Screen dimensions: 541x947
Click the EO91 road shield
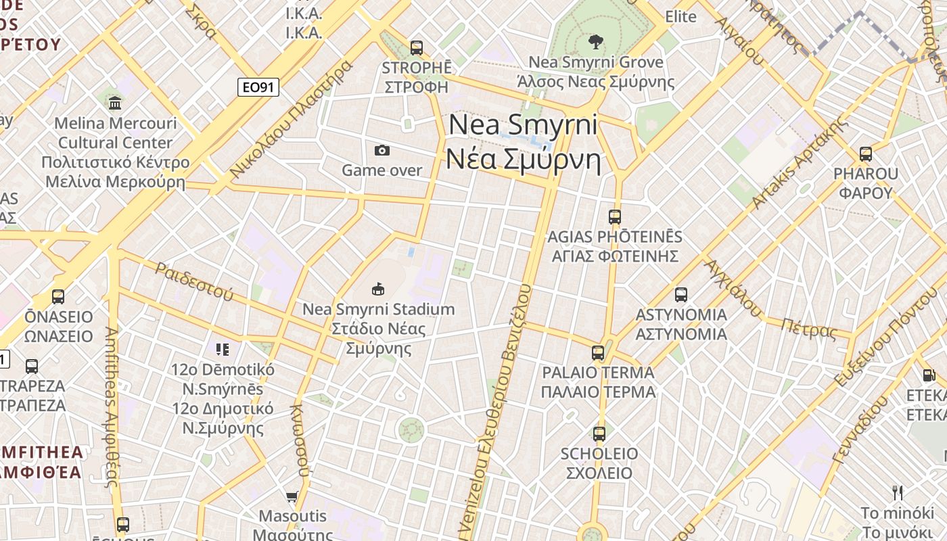point(258,87)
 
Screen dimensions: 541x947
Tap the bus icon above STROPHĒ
point(417,48)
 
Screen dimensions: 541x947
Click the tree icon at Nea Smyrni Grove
point(595,42)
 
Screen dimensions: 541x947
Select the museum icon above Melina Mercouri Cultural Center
point(115,103)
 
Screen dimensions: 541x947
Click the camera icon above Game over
point(382,150)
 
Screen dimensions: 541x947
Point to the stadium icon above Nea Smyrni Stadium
point(378,289)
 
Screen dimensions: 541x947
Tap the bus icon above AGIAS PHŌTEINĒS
point(614,217)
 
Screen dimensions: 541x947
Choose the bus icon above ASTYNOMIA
point(681,295)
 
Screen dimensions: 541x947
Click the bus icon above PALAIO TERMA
point(598,353)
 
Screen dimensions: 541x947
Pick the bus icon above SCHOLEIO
point(599,434)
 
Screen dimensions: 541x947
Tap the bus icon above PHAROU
point(866,154)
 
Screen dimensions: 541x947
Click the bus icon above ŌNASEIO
point(58,297)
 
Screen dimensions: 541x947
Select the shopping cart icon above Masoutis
point(292,497)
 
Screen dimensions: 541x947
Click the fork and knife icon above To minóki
point(898,492)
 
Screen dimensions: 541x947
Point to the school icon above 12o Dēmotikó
point(223,350)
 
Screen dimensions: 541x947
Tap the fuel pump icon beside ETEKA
point(929,375)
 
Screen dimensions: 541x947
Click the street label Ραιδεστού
point(194,281)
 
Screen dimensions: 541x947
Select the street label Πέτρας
point(808,329)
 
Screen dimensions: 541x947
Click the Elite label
point(680,17)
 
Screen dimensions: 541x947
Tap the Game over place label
point(382,170)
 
